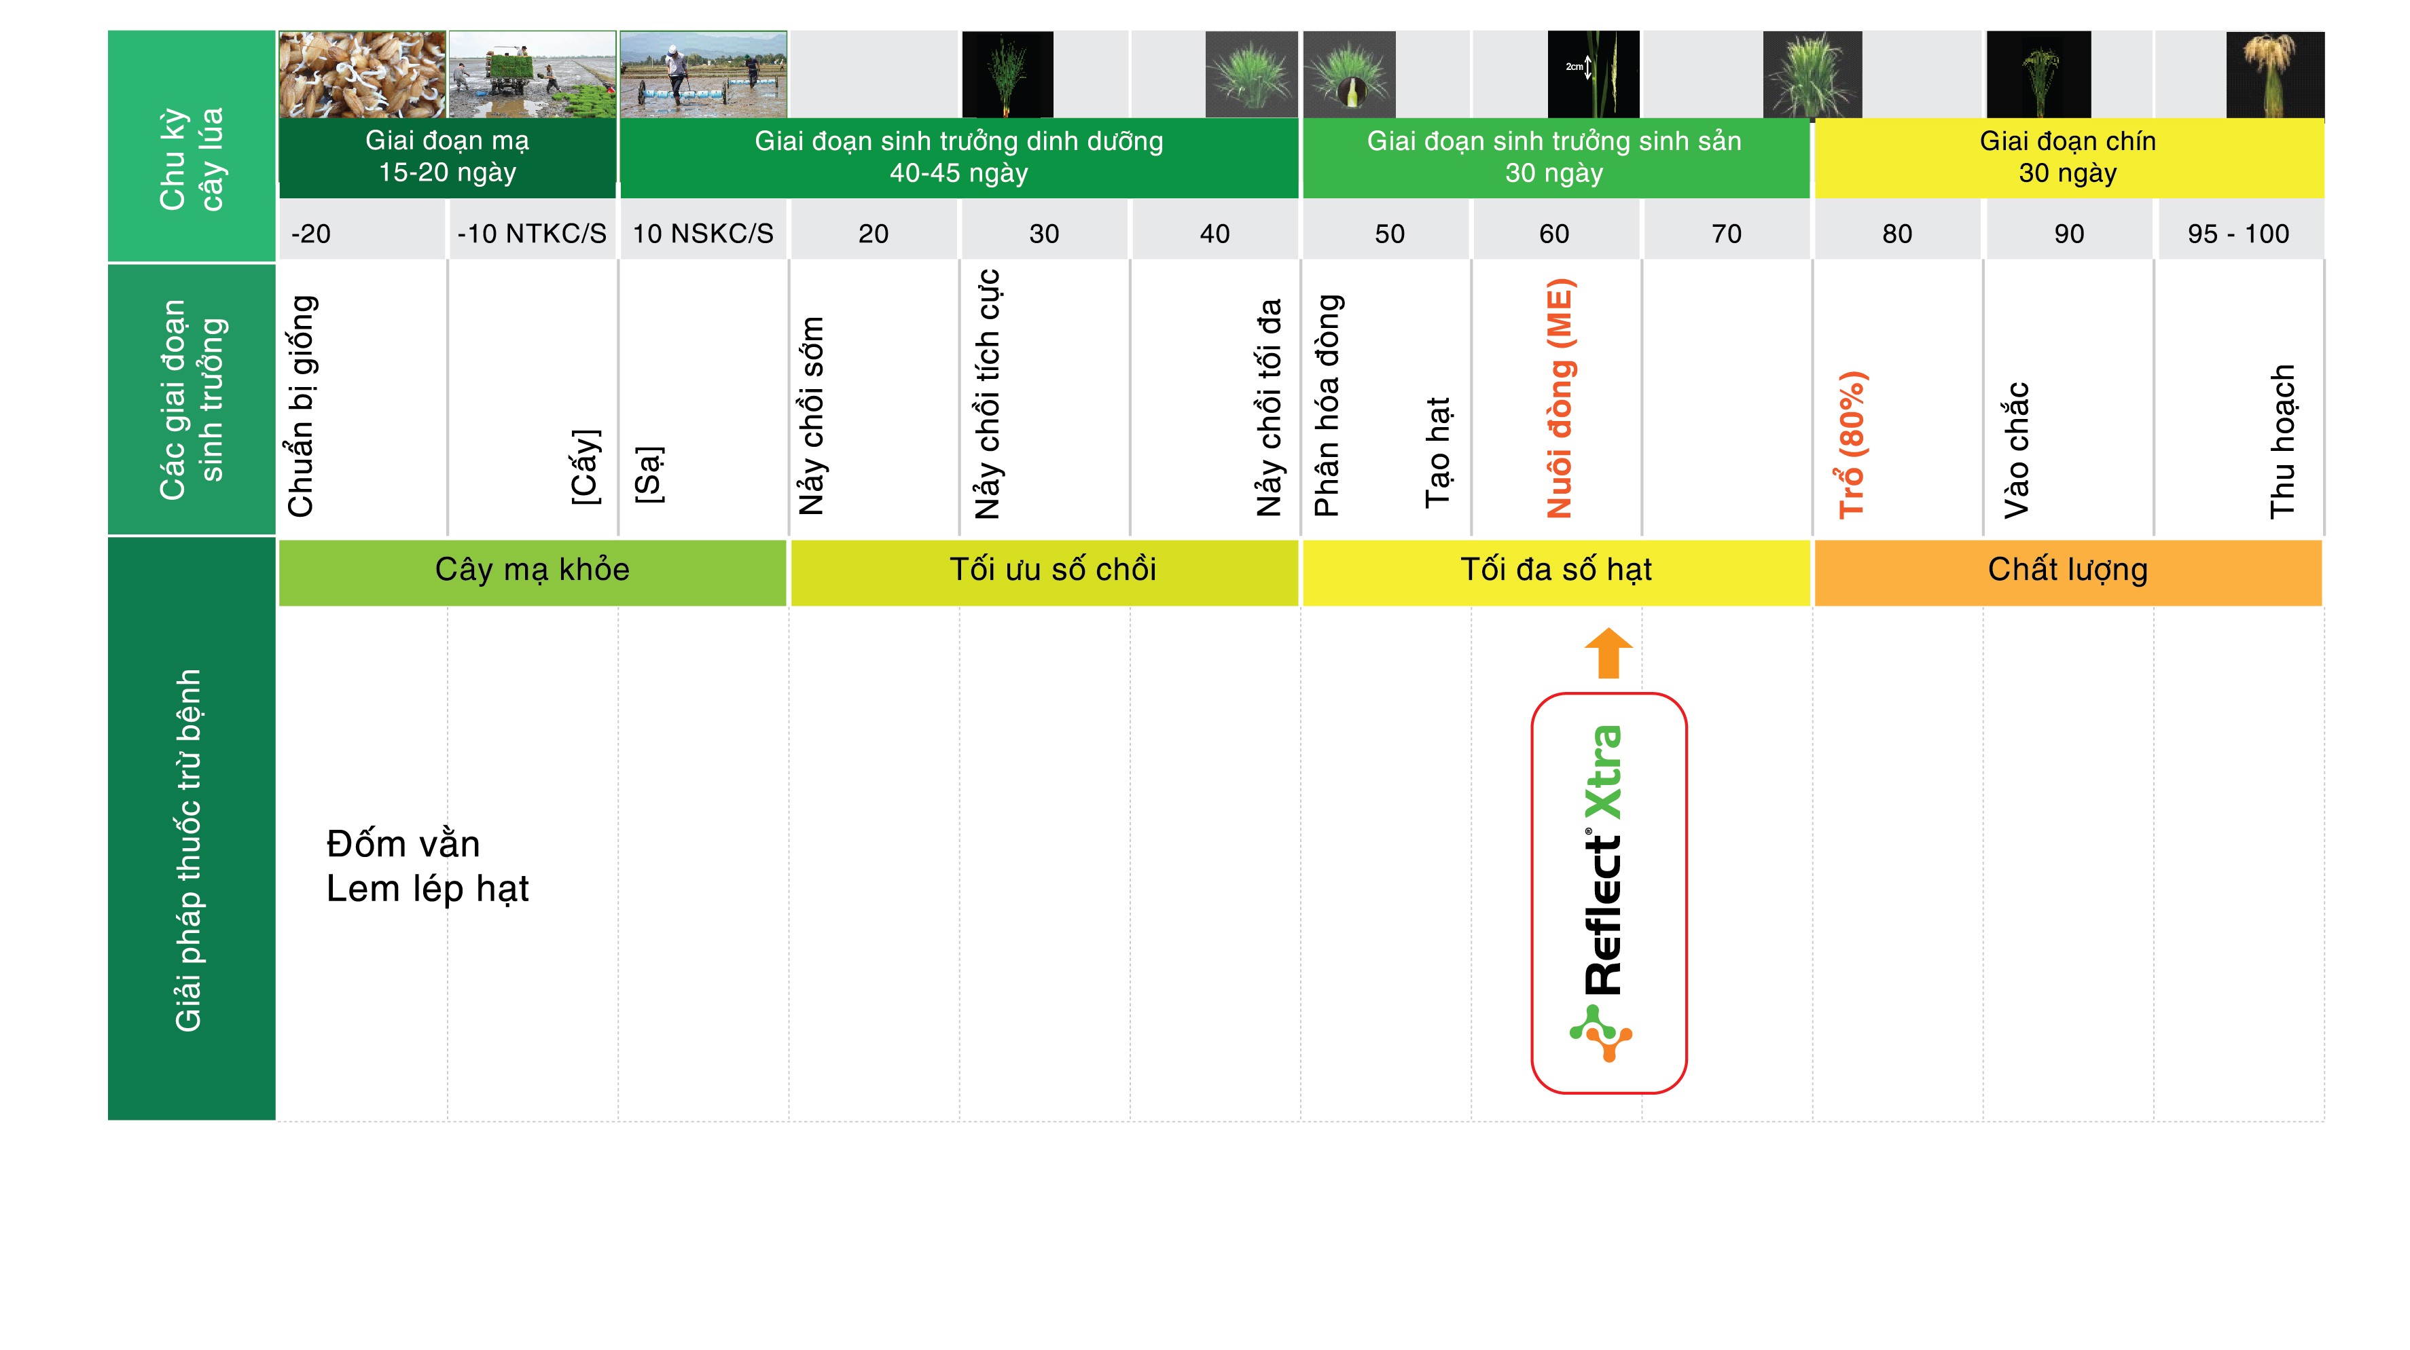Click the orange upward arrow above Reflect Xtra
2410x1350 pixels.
click(x=1608, y=653)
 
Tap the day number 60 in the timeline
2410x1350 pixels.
click(x=1554, y=234)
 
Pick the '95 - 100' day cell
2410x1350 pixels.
click(x=2239, y=233)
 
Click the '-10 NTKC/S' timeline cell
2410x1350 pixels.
click(x=531, y=233)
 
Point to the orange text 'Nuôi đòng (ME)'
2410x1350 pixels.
click(x=1560, y=399)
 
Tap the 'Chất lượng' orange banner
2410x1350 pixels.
click(x=2068, y=570)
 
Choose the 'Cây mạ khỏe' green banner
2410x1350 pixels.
click(x=533, y=570)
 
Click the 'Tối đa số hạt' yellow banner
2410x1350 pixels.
click(x=1555, y=570)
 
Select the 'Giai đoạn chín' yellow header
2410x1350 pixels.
click(x=2068, y=157)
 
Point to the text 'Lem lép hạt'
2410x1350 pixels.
click(x=427, y=889)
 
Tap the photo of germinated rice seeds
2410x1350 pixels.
click(x=362, y=75)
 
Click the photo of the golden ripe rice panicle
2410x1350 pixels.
click(x=2276, y=75)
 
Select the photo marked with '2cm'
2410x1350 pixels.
click(x=1594, y=75)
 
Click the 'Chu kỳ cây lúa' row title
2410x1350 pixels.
click(x=192, y=159)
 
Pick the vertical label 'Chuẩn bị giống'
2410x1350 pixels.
click(x=302, y=406)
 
